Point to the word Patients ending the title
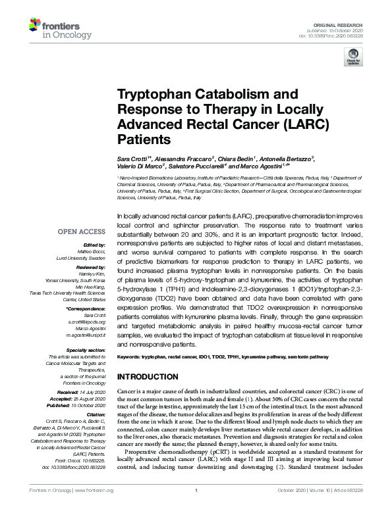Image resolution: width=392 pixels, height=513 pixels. (x=144, y=139)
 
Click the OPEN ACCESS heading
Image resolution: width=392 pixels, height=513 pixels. (x=81, y=232)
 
